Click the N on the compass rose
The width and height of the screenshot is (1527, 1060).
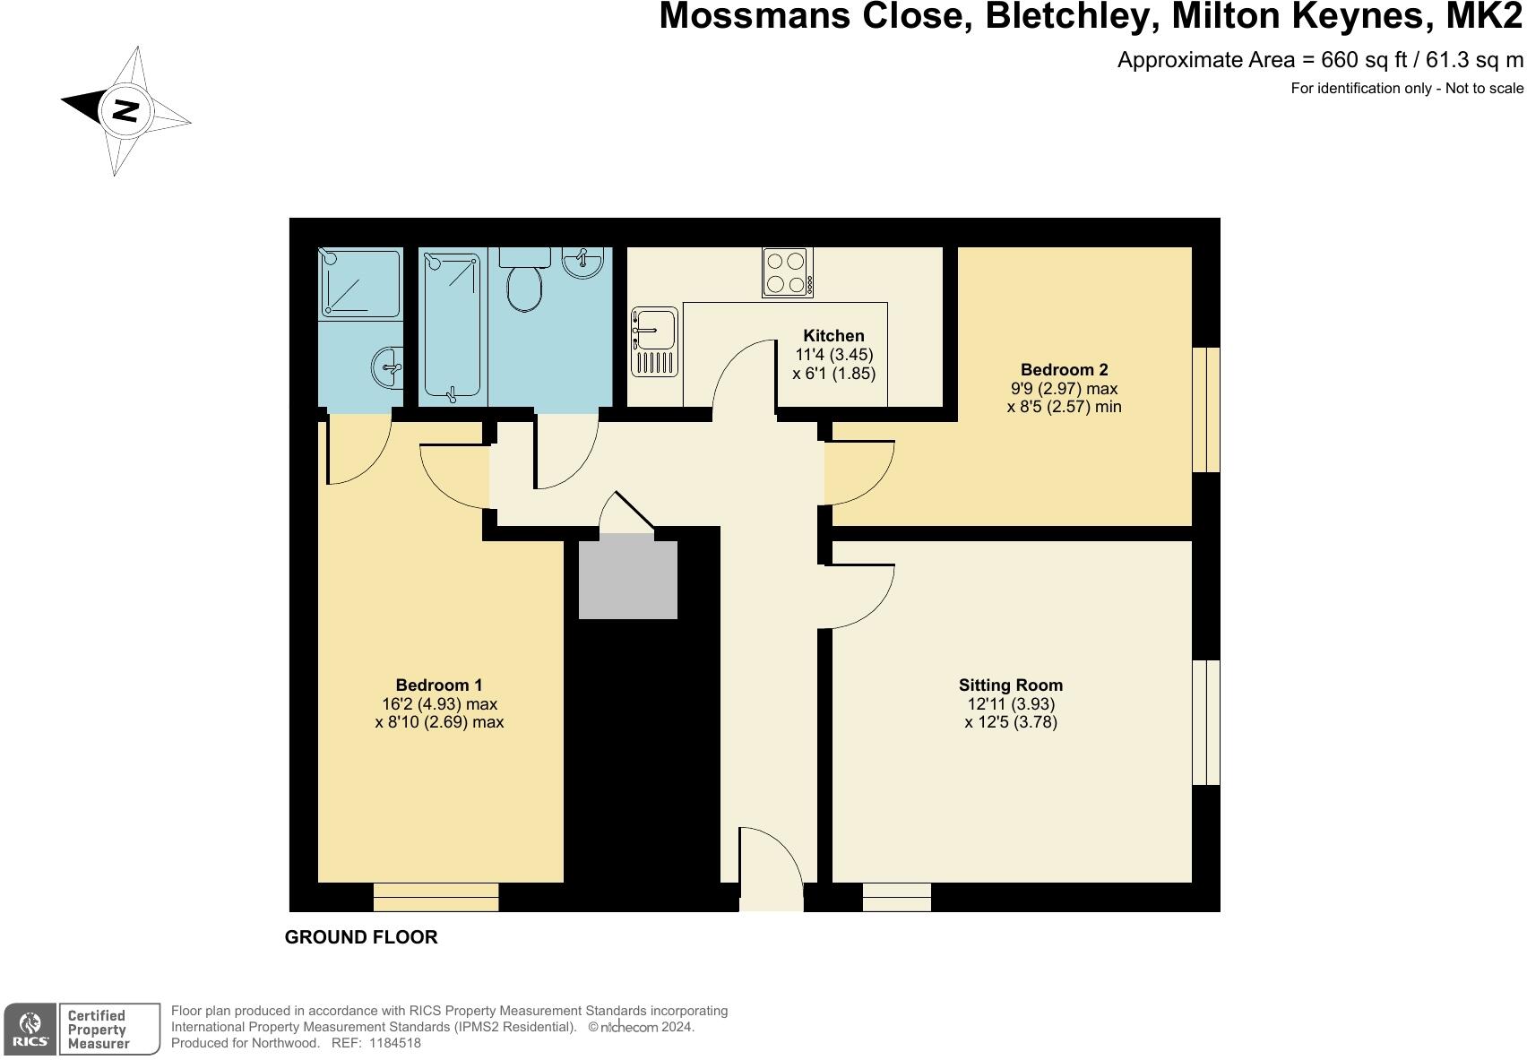[x=126, y=110]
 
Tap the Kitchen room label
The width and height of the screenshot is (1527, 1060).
[x=833, y=336]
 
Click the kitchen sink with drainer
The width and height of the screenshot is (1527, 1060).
[x=655, y=341]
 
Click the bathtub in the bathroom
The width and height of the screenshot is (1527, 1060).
[x=453, y=325]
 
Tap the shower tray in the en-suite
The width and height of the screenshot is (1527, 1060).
[x=358, y=283]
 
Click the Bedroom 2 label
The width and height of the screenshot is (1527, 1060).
[x=1064, y=369]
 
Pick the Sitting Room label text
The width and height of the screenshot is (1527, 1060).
[x=1010, y=685]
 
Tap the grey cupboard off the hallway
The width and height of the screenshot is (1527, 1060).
[x=627, y=576]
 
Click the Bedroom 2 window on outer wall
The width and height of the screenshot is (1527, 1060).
[x=1205, y=409]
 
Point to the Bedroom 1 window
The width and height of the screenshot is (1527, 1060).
[x=436, y=897]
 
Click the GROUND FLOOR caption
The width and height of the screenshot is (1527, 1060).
[x=361, y=937]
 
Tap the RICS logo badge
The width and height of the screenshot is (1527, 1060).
[x=30, y=1029]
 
